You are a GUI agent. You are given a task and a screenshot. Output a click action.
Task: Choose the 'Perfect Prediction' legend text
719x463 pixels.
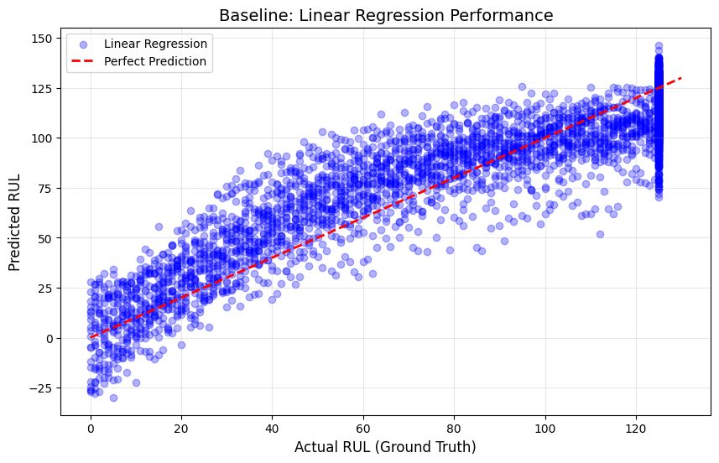(x=155, y=61)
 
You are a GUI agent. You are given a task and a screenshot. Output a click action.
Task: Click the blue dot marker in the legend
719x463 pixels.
(x=82, y=43)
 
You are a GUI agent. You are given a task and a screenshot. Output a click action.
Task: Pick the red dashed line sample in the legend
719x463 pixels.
(x=82, y=61)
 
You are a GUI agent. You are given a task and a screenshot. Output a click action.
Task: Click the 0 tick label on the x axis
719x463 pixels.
(x=91, y=425)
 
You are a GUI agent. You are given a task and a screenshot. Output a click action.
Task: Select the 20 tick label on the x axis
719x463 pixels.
(x=181, y=425)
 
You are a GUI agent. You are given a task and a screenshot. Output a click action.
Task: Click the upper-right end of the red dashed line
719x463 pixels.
(x=681, y=79)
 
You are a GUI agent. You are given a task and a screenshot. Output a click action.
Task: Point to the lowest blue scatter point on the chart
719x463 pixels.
(x=113, y=398)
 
